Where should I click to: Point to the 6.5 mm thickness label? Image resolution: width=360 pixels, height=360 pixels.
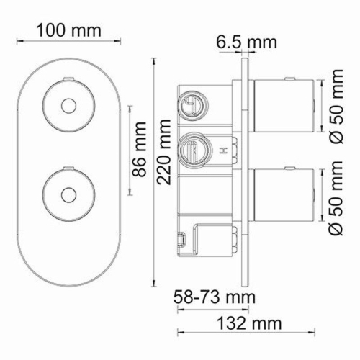pos(246,42)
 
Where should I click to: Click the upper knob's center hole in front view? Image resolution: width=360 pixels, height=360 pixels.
pos(68,105)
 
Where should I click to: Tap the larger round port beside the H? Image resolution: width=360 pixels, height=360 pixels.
pos(193,150)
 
